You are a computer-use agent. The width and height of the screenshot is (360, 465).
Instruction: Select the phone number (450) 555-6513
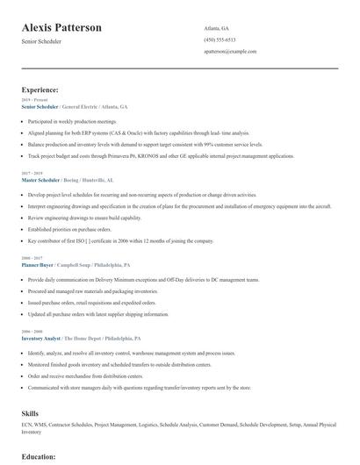[x=220, y=39]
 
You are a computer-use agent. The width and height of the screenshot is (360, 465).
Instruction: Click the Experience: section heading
[x=40, y=89]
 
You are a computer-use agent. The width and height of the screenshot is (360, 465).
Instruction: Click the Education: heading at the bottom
[x=39, y=457]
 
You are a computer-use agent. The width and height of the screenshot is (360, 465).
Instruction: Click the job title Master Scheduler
[x=41, y=179]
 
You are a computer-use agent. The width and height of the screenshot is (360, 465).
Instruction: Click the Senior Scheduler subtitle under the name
[x=41, y=42]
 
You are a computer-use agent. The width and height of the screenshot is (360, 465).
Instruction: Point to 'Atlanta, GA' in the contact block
[x=216, y=27]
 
